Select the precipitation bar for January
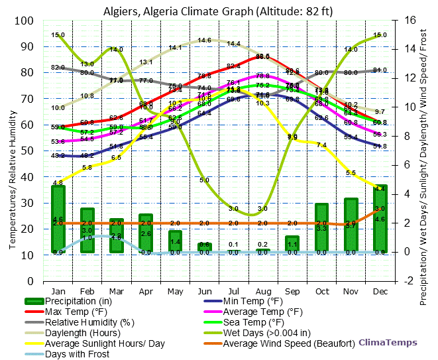(58, 219)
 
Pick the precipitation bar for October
(322, 228)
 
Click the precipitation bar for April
(146, 233)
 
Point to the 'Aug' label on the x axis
(263, 291)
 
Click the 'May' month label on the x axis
(175, 291)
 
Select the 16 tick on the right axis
(410, 21)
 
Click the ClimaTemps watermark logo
(388, 343)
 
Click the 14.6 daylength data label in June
(205, 40)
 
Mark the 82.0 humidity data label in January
(58, 68)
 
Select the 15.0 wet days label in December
(380, 35)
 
